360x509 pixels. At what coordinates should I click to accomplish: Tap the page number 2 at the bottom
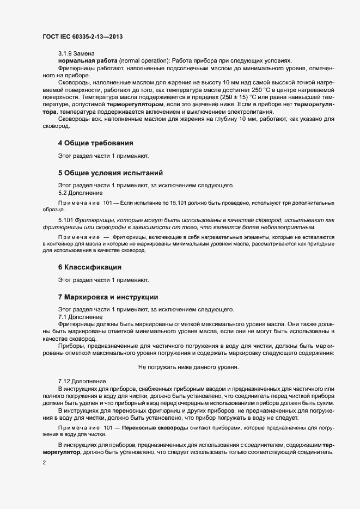(44, 463)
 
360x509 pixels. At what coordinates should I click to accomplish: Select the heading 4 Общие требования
(96, 143)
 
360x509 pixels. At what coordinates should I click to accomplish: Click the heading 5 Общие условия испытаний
(111, 174)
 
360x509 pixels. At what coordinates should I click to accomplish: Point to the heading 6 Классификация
(89, 267)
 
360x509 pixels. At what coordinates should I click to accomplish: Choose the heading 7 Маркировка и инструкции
(108, 297)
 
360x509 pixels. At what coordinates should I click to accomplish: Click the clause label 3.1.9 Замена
(77, 53)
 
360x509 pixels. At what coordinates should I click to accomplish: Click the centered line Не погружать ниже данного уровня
(188, 367)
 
